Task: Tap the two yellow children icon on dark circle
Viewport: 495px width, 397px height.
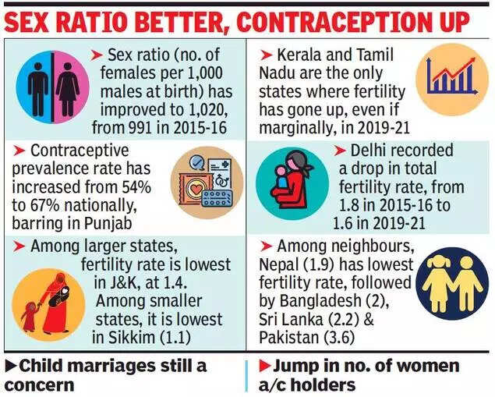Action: click(450, 285)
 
